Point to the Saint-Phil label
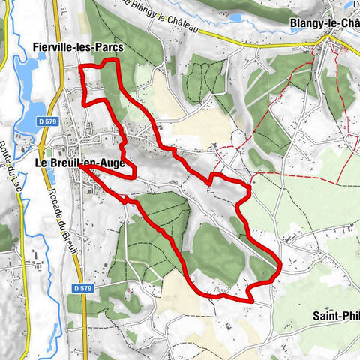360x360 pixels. click(336, 316)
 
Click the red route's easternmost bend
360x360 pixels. click(280, 264)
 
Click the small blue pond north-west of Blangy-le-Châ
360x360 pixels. click(235, 17)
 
